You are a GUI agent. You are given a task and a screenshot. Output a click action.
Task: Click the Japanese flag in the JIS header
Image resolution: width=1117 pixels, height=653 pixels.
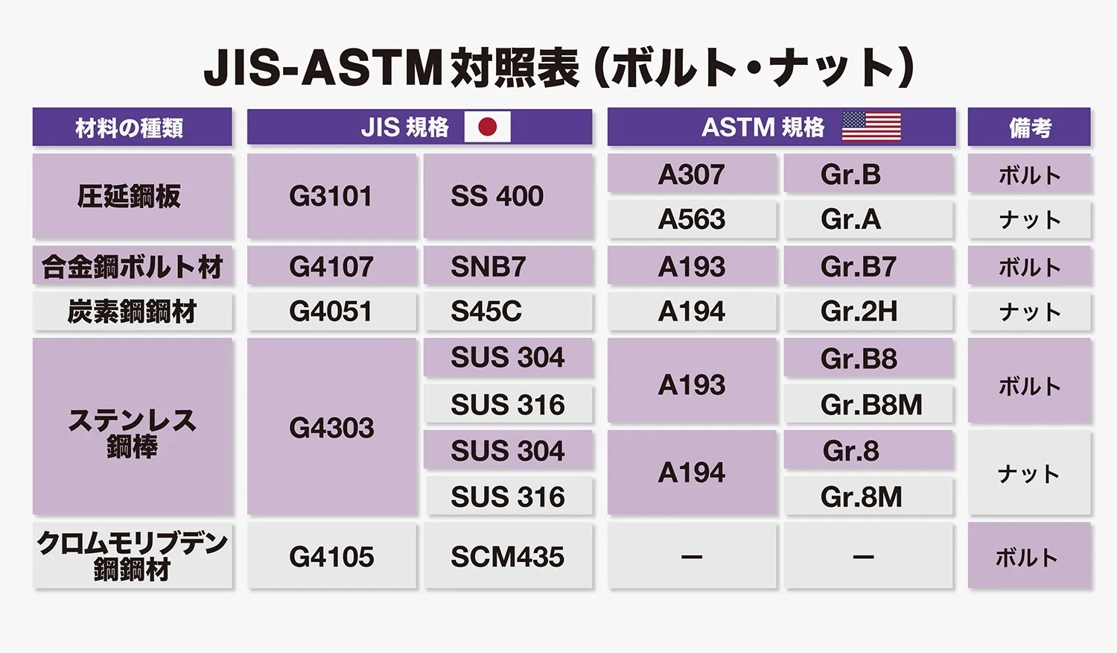tap(487, 127)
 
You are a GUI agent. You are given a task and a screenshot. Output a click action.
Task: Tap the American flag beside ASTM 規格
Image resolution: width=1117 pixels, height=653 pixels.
tap(871, 127)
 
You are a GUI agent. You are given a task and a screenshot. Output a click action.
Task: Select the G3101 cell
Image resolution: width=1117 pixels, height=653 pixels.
tap(331, 196)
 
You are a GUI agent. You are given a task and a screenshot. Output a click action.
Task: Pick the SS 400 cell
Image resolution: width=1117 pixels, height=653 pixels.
tap(508, 196)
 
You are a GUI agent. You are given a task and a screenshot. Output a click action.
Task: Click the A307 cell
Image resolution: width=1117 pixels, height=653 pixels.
tap(692, 173)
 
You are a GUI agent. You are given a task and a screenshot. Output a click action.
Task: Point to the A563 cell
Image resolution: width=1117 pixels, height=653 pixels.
tap(692, 219)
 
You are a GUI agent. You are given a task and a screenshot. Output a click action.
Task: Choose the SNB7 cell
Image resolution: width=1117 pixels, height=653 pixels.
tap(508, 265)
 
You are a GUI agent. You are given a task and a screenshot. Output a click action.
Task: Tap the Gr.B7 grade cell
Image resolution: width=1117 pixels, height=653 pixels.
tap(868, 265)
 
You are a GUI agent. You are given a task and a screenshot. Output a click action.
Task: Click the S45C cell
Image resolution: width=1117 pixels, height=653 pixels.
tap(508, 312)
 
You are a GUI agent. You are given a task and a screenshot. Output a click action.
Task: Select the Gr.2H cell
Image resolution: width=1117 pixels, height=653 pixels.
tap(868, 312)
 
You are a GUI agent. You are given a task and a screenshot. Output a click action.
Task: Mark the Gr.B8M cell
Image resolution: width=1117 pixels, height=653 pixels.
tap(868, 404)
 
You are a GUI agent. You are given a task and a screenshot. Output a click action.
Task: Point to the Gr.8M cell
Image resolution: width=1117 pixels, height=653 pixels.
tap(868, 496)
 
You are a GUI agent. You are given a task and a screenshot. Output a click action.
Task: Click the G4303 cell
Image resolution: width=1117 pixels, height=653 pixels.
tap(331, 427)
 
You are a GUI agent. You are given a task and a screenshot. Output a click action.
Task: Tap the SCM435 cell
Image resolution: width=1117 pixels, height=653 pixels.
tap(508, 555)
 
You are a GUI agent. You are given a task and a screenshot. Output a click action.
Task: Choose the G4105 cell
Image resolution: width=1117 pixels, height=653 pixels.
tap(331, 555)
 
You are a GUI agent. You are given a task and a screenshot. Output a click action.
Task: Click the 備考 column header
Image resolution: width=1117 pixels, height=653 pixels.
tap(1029, 127)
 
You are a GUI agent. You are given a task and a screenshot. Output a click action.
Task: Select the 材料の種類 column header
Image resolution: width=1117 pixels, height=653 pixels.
tap(132, 127)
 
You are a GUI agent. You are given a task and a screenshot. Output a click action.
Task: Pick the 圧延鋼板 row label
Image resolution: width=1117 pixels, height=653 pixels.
tap(132, 196)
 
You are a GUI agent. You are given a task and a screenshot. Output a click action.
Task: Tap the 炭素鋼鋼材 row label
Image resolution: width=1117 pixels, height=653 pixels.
tap(132, 312)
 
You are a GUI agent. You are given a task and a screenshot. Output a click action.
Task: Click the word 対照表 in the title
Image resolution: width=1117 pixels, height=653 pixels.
tap(514, 68)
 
